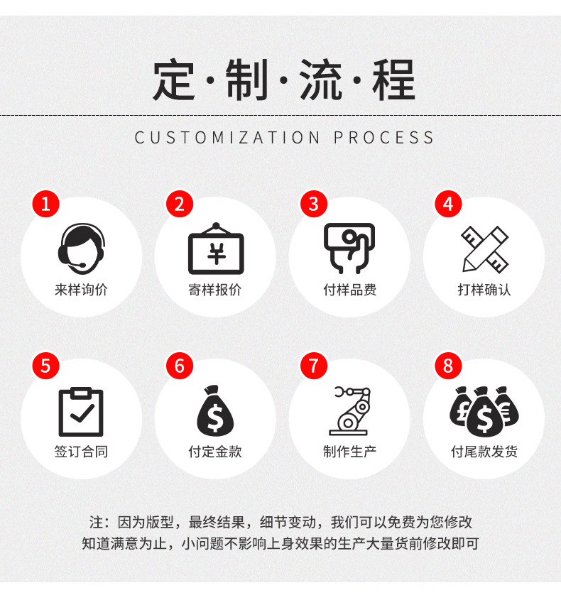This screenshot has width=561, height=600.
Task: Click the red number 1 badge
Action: click(x=45, y=204)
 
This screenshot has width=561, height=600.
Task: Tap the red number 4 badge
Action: click(x=447, y=204)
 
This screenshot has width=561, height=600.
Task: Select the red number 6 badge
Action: click(x=179, y=366)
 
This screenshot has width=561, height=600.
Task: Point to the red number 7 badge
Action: click(x=313, y=366)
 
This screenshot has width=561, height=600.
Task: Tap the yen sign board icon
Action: click(x=215, y=249)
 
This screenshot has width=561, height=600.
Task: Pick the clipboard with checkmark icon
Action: click(x=81, y=411)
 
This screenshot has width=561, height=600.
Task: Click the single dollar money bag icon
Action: click(x=215, y=411)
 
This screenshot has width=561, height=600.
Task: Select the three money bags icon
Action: click(x=484, y=411)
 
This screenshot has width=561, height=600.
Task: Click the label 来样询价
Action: click(x=81, y=290)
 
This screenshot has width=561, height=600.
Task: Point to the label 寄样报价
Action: click(x=215, y=290)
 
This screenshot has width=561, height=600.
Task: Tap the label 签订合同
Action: click(x=81, y=452)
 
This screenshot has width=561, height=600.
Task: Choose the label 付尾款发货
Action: click(x=484, y=452)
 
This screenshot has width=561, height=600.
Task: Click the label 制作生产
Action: click(x=350, y=452)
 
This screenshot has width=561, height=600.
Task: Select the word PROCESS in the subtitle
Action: click(x=384, y=137)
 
